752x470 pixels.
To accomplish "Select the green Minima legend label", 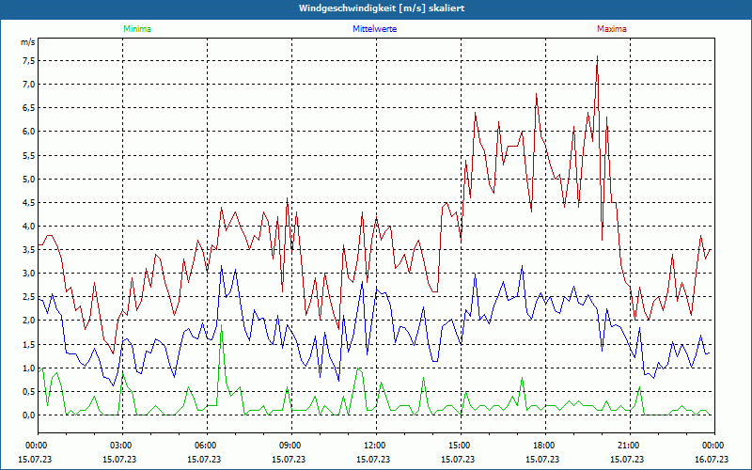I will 136,29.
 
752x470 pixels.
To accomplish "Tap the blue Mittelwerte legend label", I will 374,29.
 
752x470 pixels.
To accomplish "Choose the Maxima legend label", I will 611,29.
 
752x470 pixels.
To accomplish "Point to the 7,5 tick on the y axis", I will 27,61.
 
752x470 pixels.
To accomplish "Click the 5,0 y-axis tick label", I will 27,179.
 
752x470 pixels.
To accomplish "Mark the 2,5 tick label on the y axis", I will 27,297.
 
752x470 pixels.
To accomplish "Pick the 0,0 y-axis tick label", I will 27,415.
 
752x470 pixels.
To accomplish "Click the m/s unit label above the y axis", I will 27,42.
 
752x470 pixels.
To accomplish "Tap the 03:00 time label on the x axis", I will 121,445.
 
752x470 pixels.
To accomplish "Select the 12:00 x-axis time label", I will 375,445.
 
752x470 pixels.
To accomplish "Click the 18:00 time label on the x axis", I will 544,445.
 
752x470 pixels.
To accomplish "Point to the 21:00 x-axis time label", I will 629,445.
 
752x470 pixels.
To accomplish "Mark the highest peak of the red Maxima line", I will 597,58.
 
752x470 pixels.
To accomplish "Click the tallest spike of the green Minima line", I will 221,331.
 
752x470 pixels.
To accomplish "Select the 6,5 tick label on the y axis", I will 27,108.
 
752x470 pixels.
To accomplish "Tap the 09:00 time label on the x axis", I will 290,445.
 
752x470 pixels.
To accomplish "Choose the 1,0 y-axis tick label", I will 27,368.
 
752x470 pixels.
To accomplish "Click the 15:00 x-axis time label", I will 460,445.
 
